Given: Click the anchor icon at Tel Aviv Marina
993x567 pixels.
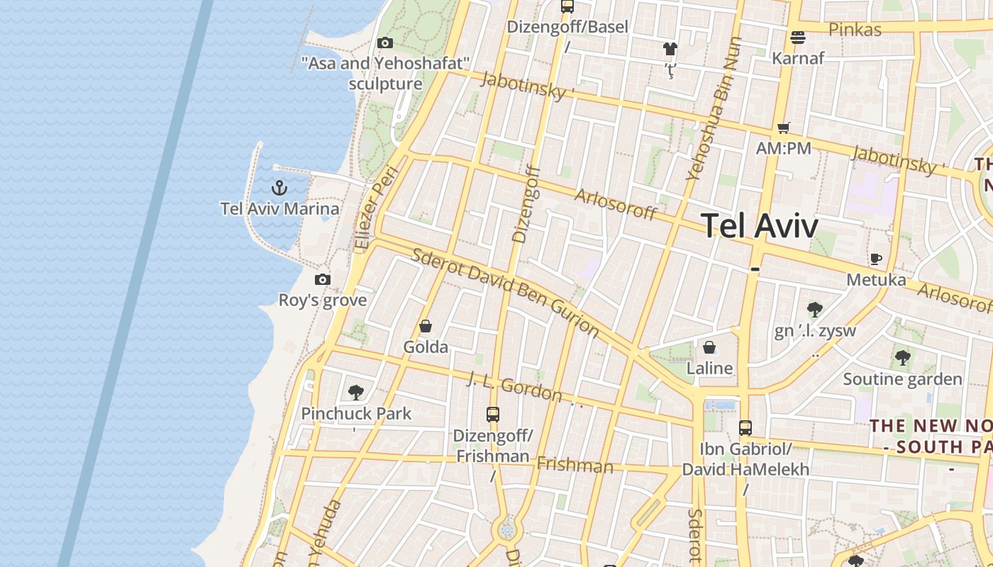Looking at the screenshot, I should [279, 188].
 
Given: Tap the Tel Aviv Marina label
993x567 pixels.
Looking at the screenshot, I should [279, 209].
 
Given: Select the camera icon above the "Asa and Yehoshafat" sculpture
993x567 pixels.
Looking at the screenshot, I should [385, 43].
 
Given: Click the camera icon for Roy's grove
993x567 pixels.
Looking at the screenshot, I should [323, 279].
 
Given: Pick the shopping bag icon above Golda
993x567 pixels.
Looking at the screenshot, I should [426, 326].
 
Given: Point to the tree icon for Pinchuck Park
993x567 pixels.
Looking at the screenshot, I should [356, 392].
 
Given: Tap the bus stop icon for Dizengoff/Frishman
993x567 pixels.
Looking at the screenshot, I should [493, 415].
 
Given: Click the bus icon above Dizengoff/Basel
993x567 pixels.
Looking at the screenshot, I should [567, 6].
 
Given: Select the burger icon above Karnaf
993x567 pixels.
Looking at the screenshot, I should [798, 37].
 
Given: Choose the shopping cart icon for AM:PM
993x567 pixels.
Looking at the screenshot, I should [783, 128].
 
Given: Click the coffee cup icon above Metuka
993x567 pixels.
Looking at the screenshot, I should [876, 259].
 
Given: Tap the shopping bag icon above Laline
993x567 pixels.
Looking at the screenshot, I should [709, 347].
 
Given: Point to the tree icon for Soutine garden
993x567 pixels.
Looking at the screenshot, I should [902, 358].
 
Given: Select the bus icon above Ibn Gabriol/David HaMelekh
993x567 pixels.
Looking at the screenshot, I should [745, 428].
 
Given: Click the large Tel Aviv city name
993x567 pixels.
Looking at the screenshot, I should [760, 225].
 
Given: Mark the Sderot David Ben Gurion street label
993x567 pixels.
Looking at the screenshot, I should [505, 292].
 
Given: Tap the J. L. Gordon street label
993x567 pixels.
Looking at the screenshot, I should [515, 387].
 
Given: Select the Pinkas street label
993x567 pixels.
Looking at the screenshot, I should [855, 30].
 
